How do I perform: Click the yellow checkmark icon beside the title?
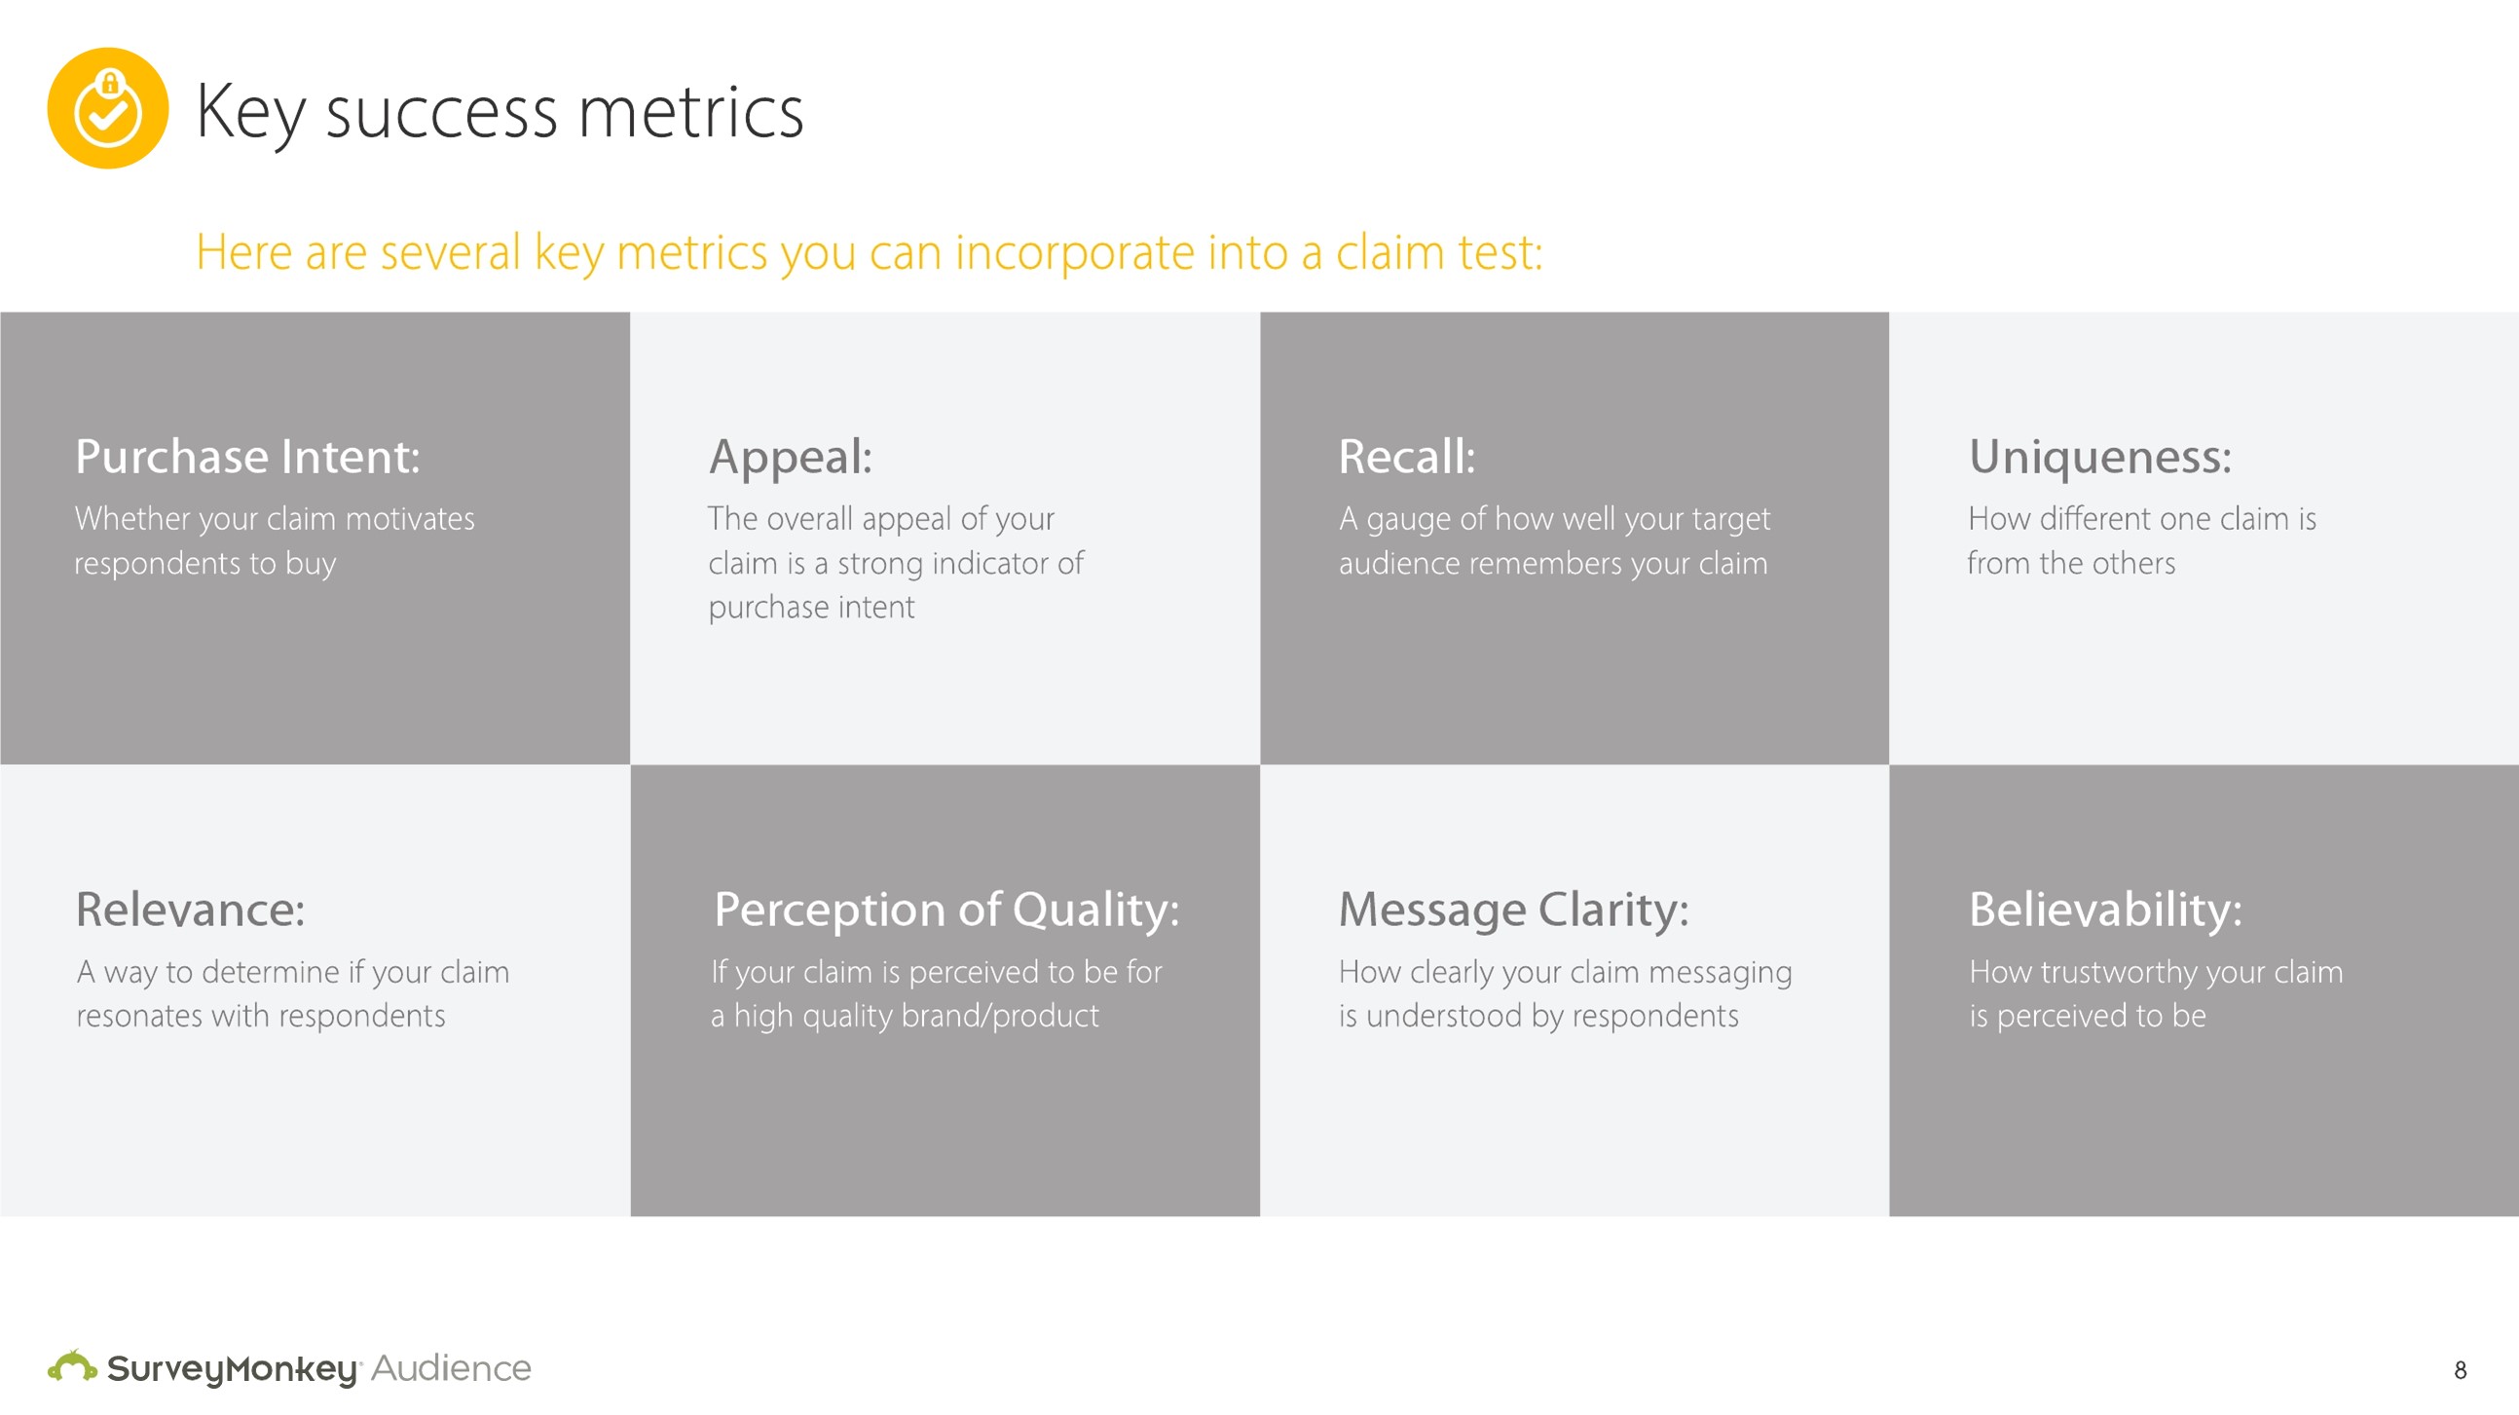(107, 107)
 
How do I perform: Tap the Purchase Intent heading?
(248, 457)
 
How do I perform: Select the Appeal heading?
(790, 457)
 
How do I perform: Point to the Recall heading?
(1406, 457)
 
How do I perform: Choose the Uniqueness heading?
(2099, 457)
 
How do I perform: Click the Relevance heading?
(191, 910)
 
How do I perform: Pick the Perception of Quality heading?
(946, 911)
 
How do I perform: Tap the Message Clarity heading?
(1513, 911)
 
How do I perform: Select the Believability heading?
(2105, 911)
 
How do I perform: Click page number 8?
(2461, 1370)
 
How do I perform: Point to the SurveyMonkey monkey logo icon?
(72, 1365)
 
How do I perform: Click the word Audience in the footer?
(451, 1368)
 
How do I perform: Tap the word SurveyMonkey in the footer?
(233, 1369)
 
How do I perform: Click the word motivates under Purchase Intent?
(410, 519)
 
